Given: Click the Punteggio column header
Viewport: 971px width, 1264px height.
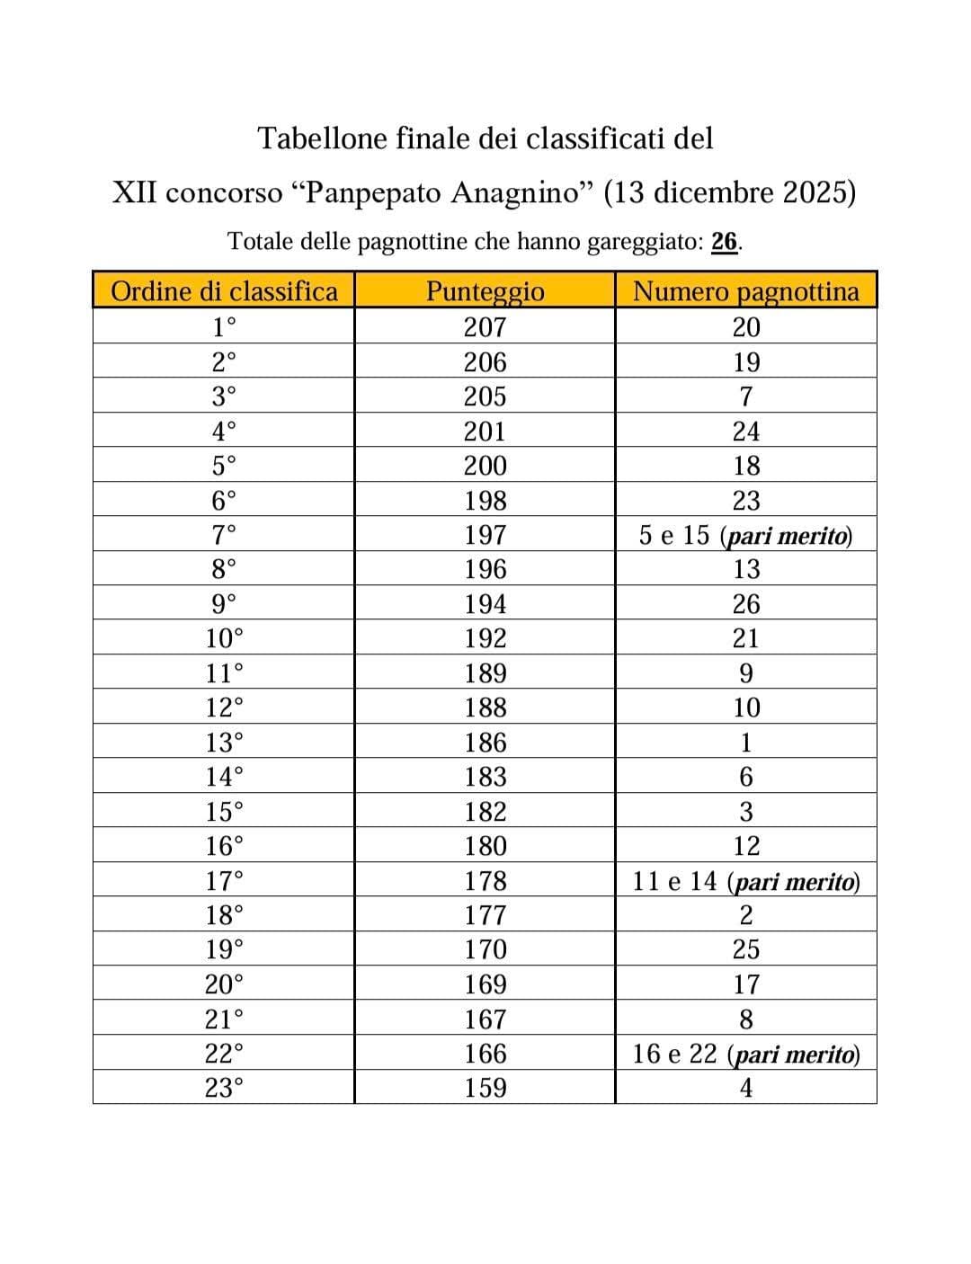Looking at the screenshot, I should (x=485, y=291).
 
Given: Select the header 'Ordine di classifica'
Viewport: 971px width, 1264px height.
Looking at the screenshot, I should (x=224, y=291).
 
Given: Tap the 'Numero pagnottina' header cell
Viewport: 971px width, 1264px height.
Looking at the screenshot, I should (x=745, y=291).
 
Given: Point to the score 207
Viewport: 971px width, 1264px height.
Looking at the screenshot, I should (x=485, y=327).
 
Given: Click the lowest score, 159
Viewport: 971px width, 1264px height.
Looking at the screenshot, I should (x=485, y=1088).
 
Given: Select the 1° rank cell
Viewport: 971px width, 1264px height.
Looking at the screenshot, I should (x=224, y=327).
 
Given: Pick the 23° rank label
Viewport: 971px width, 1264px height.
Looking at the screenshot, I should (x=224, y=1088).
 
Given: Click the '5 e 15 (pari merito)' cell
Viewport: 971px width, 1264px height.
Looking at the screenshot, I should (x=745, y=536).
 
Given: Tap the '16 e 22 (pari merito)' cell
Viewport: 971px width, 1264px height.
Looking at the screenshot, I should (x=745, y=1054).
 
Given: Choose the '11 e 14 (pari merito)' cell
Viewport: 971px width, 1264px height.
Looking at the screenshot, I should (x=745, y=881).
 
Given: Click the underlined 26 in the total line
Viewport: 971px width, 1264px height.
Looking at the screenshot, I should (x=725, y=242).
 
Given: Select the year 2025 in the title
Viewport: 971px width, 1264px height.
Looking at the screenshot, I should (x=814, y=193).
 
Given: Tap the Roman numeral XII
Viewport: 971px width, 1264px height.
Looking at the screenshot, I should (x=136, y=193).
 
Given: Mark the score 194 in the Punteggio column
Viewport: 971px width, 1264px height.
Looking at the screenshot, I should (x=485, y=604).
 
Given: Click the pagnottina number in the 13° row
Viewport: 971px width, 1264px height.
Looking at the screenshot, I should (x=745, y=743).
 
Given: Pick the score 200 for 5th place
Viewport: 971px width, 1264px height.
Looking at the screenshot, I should (x=485, y=466).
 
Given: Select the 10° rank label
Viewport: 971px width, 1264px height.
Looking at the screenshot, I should (x=224, y=638).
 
